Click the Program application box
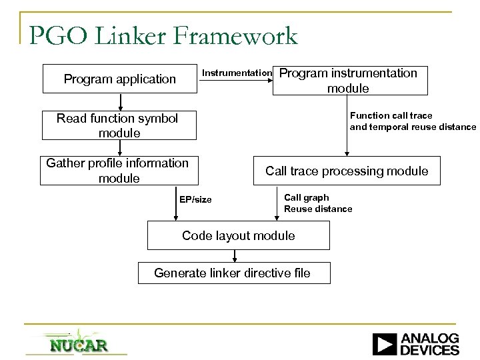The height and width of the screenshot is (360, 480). tap(120, 79)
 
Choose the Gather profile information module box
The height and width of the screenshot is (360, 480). tap(118, 171)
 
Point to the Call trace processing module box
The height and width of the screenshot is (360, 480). tap(346, 171)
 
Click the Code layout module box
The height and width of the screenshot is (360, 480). tap(238, 235)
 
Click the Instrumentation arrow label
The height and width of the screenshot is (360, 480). tap(236, 73)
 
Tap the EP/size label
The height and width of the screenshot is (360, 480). tap(195, 199)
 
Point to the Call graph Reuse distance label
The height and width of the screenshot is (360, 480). tap(318, 203)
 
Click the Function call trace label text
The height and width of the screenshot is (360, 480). tap(391, 116)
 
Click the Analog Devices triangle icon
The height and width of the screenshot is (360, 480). tap(384, 344)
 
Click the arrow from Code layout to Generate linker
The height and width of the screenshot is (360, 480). tap(236, 256)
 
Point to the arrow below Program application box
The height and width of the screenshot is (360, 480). tap(121, 102)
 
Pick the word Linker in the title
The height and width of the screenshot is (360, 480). tap(138, 36)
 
